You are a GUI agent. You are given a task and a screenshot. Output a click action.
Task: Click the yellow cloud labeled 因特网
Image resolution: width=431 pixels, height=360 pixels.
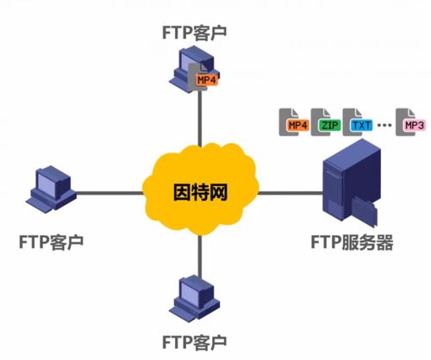pyautogui.click(x=199, y=186)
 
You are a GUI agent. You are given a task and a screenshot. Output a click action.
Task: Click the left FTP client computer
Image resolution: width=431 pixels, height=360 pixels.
pyautogui.click(x=51, y=189)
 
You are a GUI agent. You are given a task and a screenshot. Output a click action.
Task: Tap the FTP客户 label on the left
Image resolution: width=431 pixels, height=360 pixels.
pyautogui.click(x=53, y=238)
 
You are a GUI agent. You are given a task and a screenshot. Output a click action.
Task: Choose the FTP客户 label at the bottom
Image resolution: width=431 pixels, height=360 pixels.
pyautogui.click(x=199, y=341)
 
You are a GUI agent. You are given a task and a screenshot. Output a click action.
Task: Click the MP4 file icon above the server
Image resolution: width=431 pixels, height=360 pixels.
pyautogui.click(x=297, y=123)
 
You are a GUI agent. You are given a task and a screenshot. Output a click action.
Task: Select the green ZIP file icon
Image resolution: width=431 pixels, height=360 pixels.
pyautogui.click(x=328, y=123)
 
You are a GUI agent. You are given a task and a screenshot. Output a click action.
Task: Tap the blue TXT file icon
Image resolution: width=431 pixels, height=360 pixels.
pyautogui.click(x=358, y=123)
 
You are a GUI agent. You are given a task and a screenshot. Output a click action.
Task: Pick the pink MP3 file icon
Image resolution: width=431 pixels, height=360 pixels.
pyautogui.click(x=413, y=123)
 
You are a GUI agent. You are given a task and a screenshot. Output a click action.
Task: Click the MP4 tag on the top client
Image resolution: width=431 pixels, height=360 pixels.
pyautogui.click(x=205, y=79)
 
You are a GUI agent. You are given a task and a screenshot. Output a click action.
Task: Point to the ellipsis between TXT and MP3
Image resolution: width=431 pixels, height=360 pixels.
pyautogui.click(x=385, y=126)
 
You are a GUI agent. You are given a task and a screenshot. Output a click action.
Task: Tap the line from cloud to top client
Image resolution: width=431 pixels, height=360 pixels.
pyautogui.click(x=199, y=121)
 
